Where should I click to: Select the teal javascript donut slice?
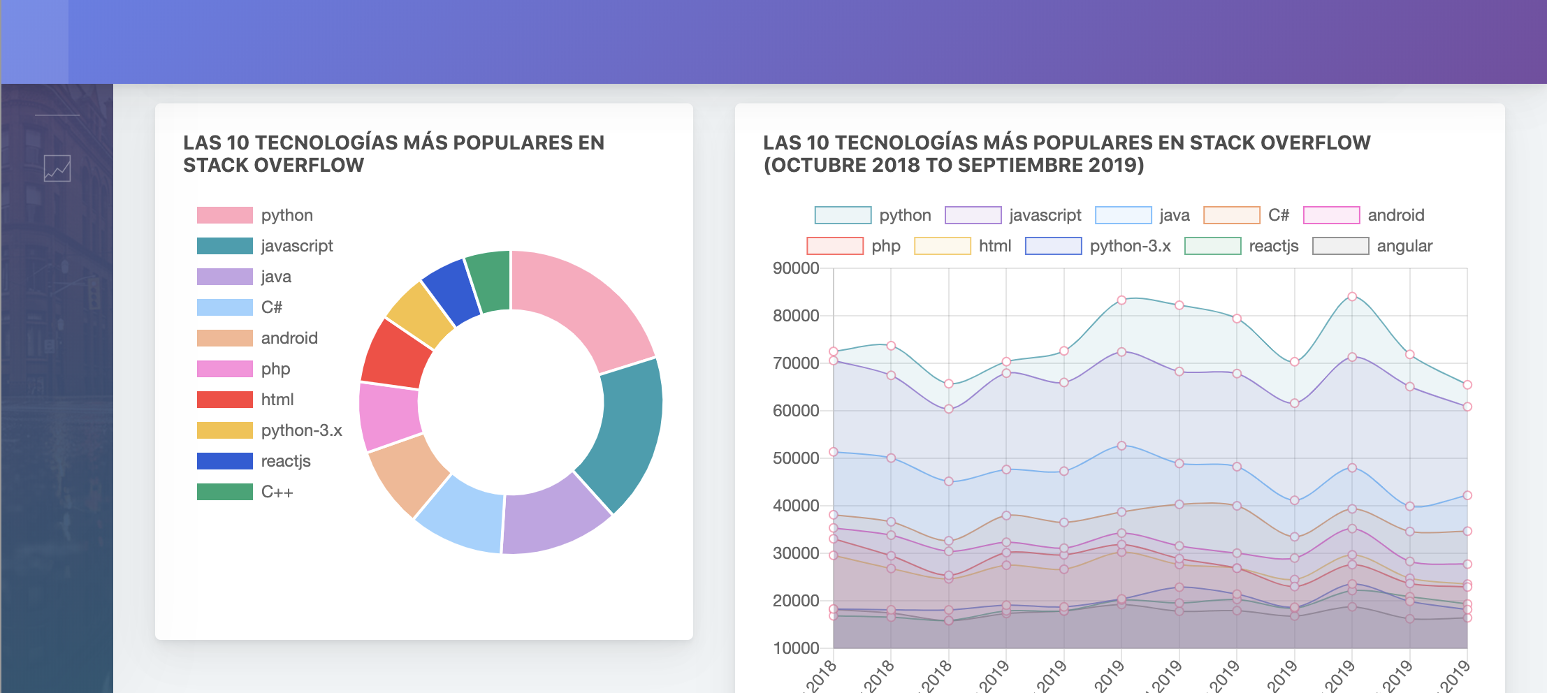click(625, 433)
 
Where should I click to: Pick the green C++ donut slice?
click(490, 279)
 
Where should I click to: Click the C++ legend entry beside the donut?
click(277, 492)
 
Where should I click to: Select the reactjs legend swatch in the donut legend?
click(224, 461)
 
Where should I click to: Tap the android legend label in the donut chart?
click(289, 338)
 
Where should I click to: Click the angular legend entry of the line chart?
click(1404, 246)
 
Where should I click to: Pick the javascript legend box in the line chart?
click(973, 215)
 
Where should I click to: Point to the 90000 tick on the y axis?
click(796, 268)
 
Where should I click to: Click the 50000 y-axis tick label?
click(796, 458)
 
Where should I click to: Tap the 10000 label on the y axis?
click(796, 648)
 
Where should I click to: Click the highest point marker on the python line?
click(1352, 296)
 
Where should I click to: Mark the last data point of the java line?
click(1467, 495)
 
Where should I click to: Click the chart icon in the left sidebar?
click(57, 168)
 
